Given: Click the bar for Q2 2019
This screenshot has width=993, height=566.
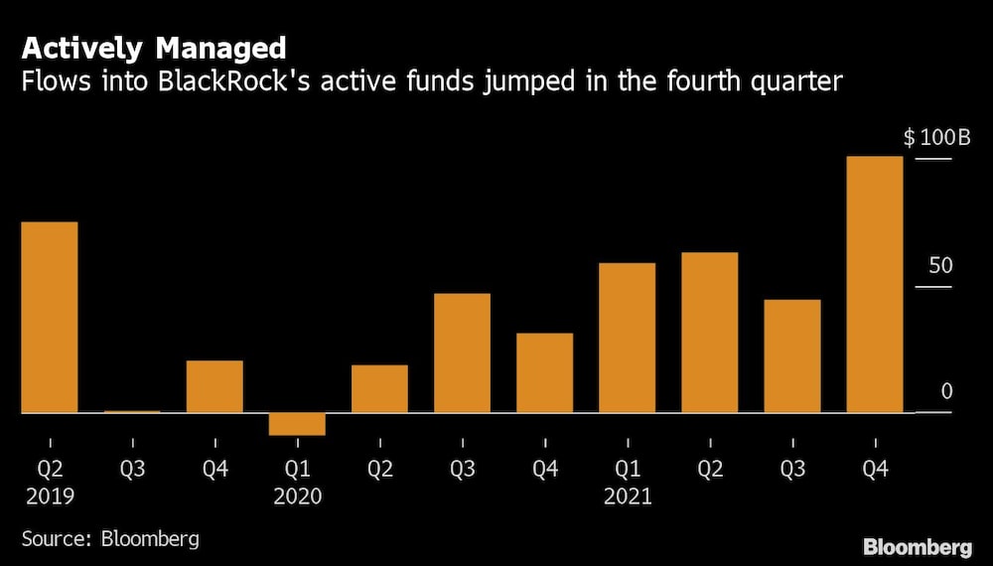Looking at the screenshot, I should pos(49,317).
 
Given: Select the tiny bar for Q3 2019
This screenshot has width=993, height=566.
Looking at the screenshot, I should pos(131,411).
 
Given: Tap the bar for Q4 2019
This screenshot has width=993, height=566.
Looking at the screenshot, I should pos(214,386).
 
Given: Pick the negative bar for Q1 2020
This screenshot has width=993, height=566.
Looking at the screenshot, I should pos(297,424).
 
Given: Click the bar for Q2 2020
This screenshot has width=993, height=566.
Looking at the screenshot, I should pos(379,388).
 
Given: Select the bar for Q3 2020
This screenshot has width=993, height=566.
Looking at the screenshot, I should pos(462,353).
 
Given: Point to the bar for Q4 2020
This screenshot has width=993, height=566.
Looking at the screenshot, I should pos(544,372).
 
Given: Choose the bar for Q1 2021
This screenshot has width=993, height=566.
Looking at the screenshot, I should pos(627,338).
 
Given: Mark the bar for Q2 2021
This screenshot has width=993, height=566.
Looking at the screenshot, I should pos(709,333).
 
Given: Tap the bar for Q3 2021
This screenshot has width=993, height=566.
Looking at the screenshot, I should pos(791,355).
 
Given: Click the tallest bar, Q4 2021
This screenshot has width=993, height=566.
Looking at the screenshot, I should pos(874,284).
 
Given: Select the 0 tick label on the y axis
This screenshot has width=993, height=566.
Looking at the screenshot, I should pos(946,391).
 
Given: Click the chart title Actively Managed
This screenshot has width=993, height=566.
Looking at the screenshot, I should pos(154,48).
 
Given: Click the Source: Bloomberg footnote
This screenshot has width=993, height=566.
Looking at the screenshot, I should pos(110,539).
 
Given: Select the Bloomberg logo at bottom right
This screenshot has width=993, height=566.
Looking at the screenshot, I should pos(917,546).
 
